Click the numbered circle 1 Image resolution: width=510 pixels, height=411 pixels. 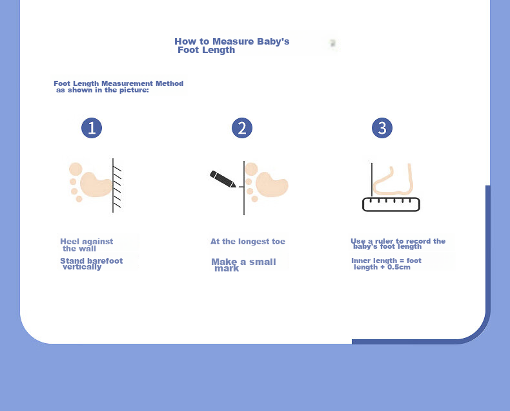[x=92, y=128]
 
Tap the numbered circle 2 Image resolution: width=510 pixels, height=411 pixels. [x=242, y=128]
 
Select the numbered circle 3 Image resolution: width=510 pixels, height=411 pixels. [x=382, y=128]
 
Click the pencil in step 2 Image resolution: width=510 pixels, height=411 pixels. [x=223, y=179]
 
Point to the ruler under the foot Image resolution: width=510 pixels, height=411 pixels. [x=391, y=204]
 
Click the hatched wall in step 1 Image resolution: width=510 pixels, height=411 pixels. [x=117, y=185]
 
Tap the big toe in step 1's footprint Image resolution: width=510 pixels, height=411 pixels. [x=76, y=169]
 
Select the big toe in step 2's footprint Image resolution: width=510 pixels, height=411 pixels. [x=251, y=169]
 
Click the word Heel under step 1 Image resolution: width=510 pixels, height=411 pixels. [x=70, y=241]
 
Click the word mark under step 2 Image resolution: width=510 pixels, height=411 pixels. [x=227, y=268]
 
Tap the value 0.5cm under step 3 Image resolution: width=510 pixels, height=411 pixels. [x=399, y=267]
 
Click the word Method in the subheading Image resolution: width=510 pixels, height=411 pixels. [x=169, y=83]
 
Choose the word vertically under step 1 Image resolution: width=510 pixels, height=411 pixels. [x=82, y=267]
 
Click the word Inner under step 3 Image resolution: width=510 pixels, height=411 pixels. [x=360, y=260]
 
